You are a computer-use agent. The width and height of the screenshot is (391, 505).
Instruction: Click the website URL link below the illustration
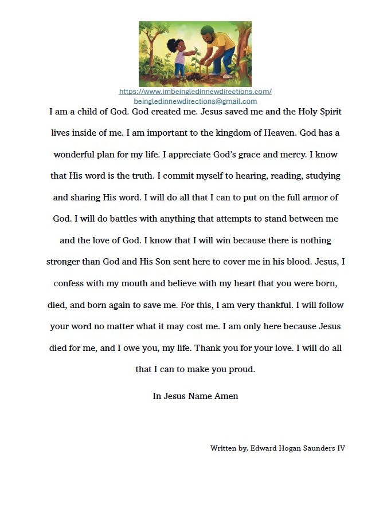pyautogui.click(x=195, y=92)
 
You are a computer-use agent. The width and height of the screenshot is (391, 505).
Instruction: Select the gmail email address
pyautogui.click(x=195, y=101)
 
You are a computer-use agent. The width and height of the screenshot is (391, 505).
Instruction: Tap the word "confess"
pyautogui.click(x=71, y=283)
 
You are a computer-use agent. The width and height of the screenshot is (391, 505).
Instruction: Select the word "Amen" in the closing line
pyautogui.click(x=226, y=396)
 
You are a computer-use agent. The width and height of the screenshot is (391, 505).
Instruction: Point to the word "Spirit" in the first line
pyautogui.click(x=327, y=112)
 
